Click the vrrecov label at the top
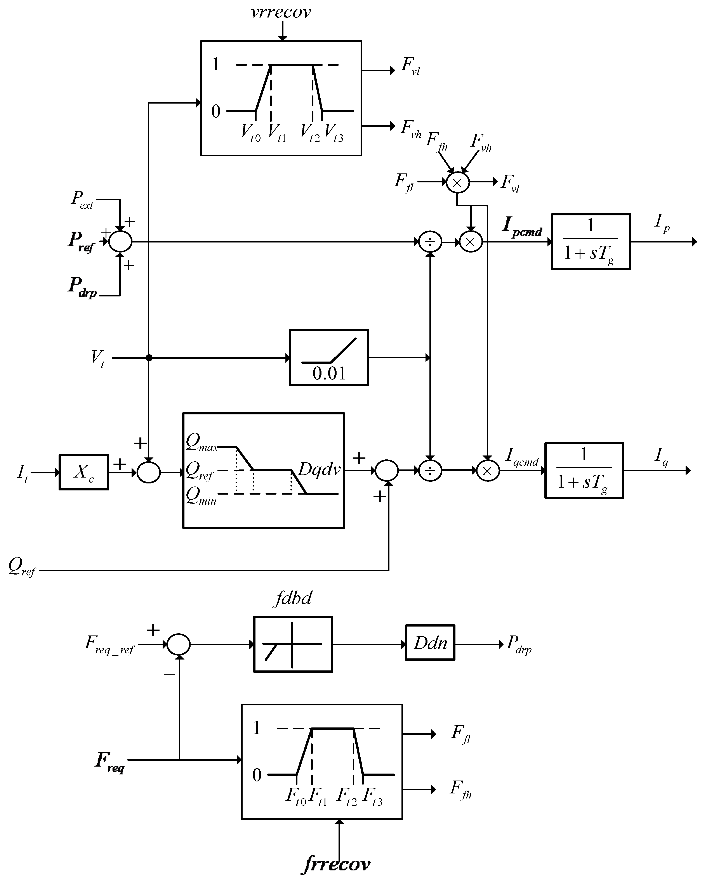(281, 12)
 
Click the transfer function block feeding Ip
(591, 242)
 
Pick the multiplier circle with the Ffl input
(457, 183)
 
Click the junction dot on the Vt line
(149, 358)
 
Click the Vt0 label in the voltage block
(251, 133)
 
